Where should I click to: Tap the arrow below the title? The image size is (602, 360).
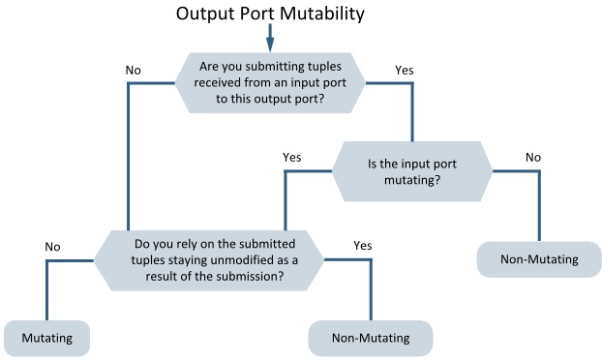coord(270,37)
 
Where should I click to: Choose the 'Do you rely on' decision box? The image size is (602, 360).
coord(208,258)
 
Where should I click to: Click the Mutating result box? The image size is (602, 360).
coord(46,338)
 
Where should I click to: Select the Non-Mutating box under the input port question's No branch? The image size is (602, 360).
coord(539,259)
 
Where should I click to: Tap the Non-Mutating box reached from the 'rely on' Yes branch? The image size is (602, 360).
coord(370,338)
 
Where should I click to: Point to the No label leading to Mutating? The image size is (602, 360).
coord(54,247)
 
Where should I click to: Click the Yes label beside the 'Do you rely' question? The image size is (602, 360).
coord(363,246)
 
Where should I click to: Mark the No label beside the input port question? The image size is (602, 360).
coord(532,157)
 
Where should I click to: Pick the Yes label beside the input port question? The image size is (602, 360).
coord(291,157)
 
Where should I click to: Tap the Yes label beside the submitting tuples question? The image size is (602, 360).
coord(406,70)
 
